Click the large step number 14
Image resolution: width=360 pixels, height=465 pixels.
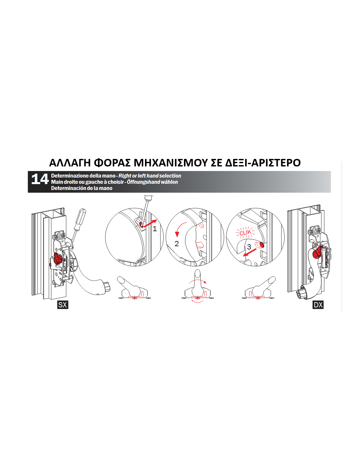40,179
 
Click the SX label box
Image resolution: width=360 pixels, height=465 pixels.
63,305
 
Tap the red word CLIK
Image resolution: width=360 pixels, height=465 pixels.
245,232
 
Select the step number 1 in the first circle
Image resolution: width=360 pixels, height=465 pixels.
154,229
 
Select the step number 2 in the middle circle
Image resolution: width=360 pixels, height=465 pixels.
177,244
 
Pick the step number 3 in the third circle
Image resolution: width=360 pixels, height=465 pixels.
249,247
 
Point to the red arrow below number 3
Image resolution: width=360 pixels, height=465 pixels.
250,252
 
